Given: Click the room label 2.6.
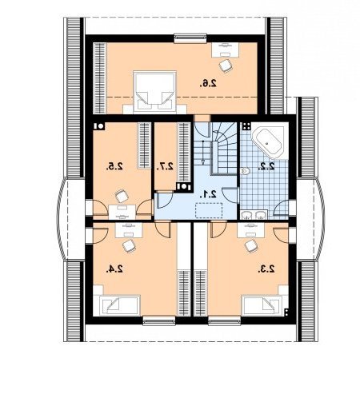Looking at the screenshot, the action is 208,83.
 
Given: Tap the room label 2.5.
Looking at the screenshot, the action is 114,166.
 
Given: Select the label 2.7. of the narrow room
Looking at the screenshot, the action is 165,166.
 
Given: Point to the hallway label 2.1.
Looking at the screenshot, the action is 208,195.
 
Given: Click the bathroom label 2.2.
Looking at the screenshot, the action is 266,166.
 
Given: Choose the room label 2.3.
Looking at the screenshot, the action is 266,269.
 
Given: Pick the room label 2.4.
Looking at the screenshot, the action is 114,269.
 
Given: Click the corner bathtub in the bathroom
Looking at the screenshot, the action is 268,141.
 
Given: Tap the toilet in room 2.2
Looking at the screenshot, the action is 245,171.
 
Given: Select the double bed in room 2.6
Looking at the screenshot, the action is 154,91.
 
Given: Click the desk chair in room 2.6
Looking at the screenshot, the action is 226,66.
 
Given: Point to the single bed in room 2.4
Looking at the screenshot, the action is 119,305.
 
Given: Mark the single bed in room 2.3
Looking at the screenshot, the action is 262,305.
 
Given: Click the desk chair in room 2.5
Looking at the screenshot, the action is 122,196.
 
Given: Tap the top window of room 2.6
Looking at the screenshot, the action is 190,38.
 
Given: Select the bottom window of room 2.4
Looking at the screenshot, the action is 159,320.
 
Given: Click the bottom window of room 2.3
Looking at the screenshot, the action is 225,320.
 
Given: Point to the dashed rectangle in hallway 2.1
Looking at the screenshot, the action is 209,210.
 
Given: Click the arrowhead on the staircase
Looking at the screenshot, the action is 203,161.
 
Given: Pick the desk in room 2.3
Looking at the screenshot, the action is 250,230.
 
